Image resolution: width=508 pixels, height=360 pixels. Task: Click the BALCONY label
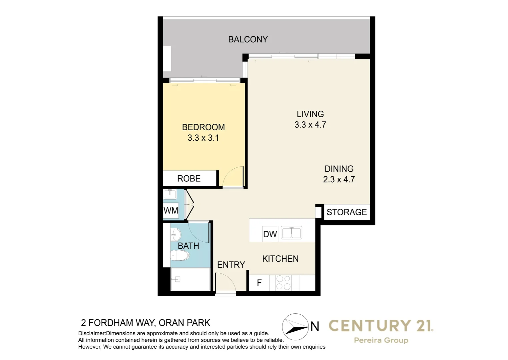[x=248, y=39]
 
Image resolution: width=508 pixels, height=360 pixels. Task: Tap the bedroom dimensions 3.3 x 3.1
[x=203, y=138]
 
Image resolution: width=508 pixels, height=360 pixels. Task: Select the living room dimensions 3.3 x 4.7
[x=310, y=125]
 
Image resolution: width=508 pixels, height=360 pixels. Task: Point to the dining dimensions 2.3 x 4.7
[x=339, y=179]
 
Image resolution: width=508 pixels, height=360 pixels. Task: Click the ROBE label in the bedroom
[x=189, y=179]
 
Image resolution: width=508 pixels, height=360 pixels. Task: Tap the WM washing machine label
[x=171, y=211]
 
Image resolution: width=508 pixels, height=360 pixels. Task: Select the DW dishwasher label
[x=270, y=234]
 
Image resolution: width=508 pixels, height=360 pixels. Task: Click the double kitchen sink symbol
[x=291, y=233]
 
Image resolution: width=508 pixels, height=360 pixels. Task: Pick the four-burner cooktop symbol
[x=283, y=283]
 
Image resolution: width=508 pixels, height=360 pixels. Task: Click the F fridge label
[x=259, y=283]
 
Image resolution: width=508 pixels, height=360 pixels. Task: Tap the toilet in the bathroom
[x=180, y=256]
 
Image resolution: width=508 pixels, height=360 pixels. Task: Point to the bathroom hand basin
[x=175, y=235]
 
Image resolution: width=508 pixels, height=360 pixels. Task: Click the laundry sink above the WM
[x=170, y=194]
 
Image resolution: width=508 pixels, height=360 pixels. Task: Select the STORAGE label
[x=346, y=212]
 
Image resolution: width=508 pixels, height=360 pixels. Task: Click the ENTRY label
[x=231, y=265]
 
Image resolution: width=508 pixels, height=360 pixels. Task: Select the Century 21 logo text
[x=381, y=326]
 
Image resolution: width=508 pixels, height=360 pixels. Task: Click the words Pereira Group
[x=381, y=340]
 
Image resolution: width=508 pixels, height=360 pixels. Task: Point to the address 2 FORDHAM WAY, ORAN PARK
[x=146, y=323]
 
